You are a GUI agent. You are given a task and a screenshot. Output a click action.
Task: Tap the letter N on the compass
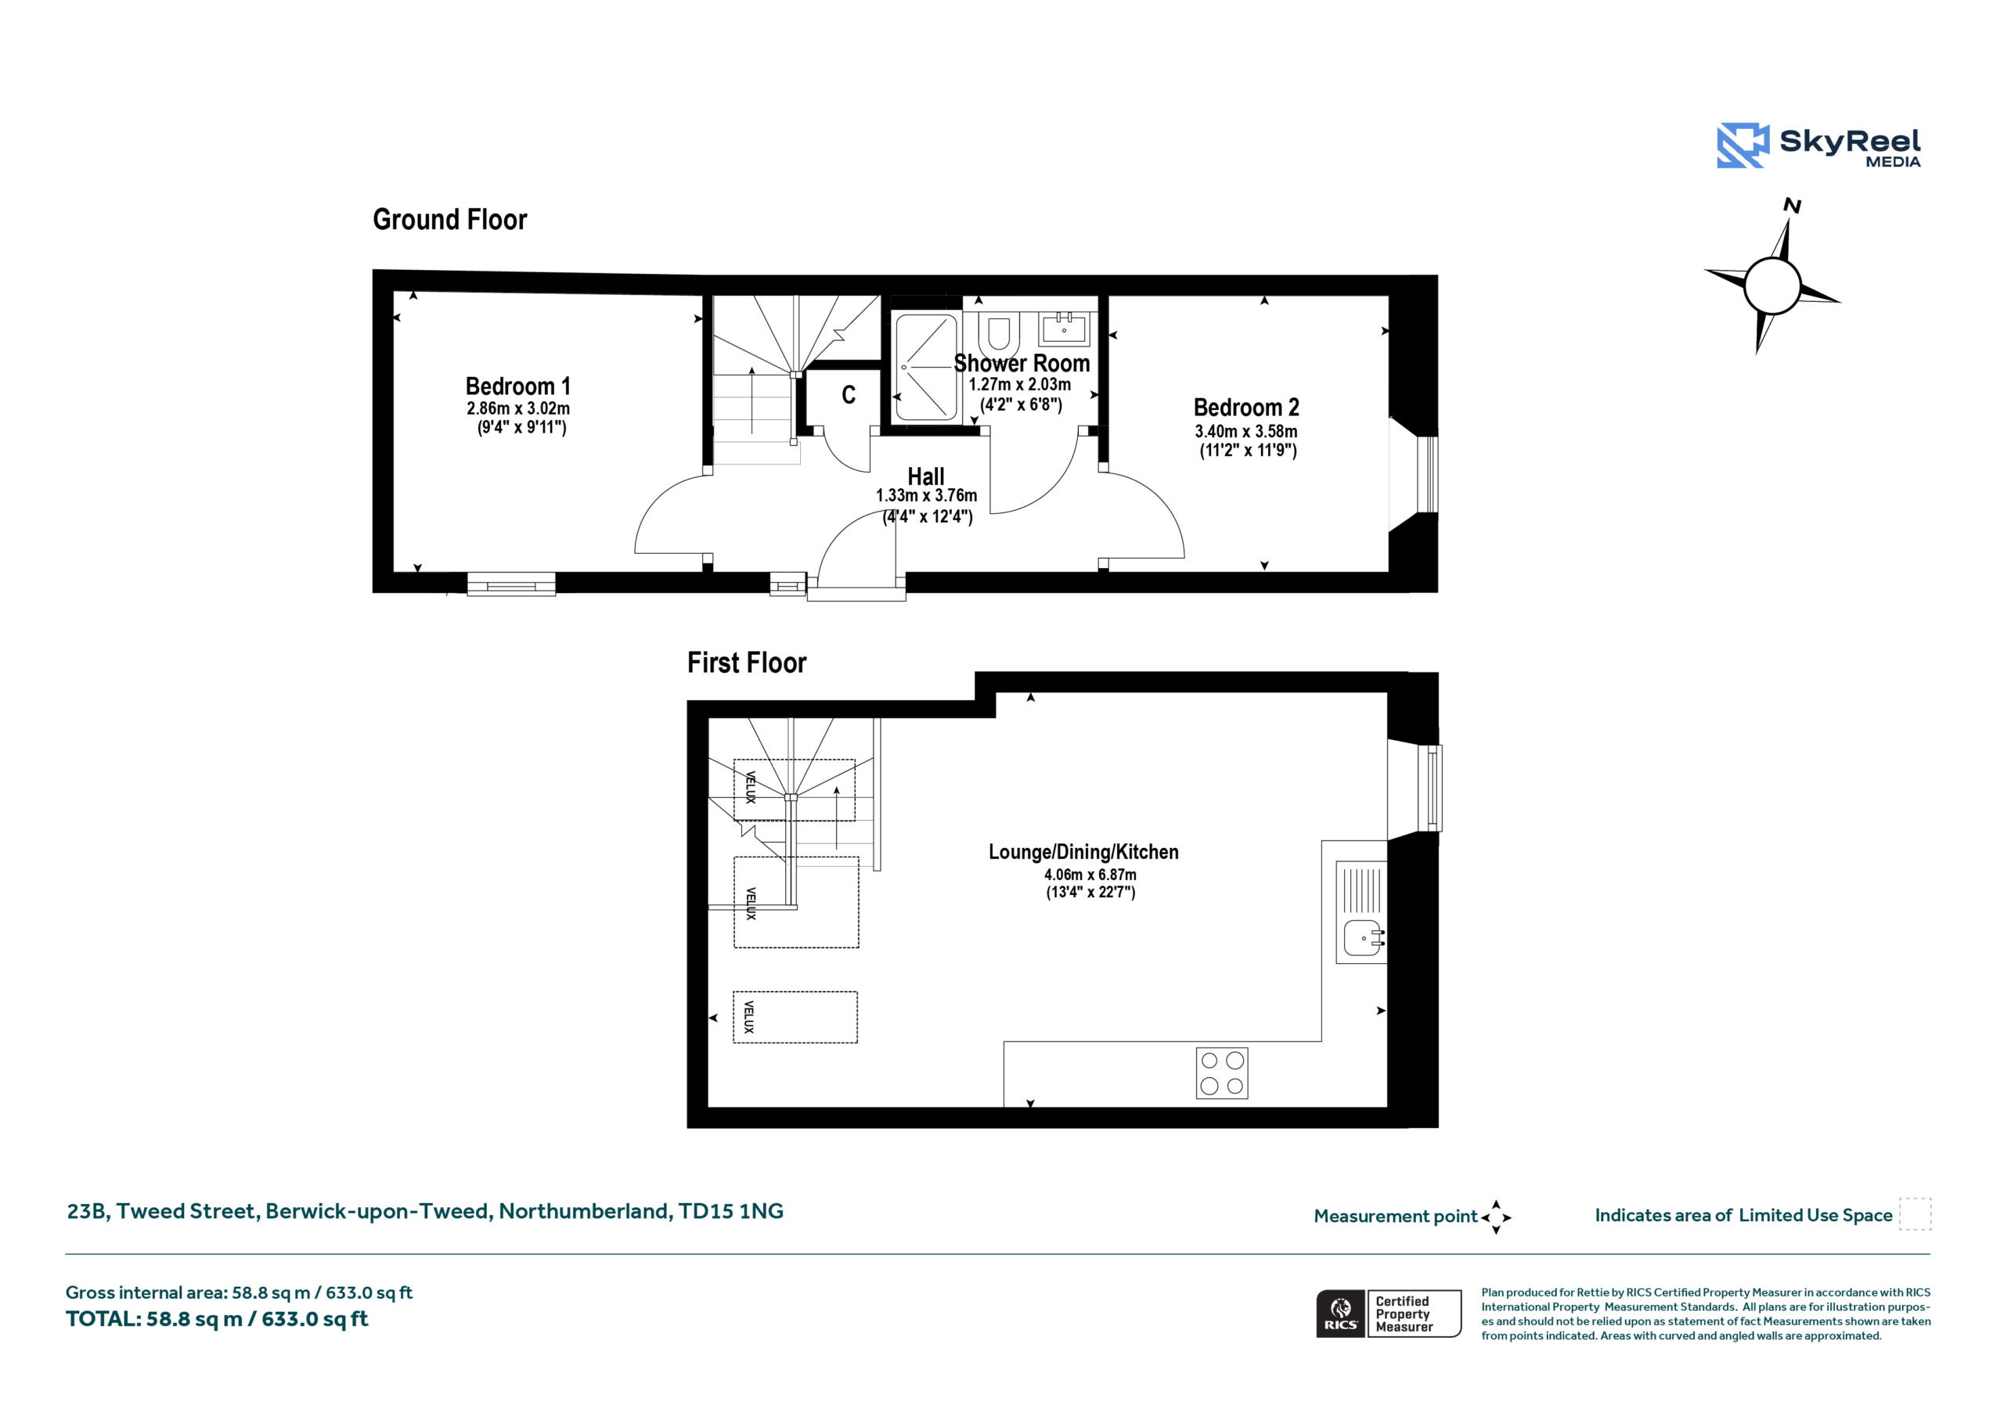pyautogui.click(x=1792, y=206)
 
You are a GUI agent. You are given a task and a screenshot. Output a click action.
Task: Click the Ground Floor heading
pyautogui.click(x=449, y=220)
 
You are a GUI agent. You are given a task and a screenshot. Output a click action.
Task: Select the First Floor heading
pyautogui.click(x=746, y=663)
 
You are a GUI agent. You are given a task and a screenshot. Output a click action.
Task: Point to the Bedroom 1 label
pyautogui.click(x=517, y=386)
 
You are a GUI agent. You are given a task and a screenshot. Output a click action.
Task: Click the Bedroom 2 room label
pyautogui.click(x=1245, y=408)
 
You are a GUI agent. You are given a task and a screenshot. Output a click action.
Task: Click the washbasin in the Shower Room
pyautogui.click(x=1064, y=329)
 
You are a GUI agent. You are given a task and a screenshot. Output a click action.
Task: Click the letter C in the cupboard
pyautogui.click(x=849, y=395)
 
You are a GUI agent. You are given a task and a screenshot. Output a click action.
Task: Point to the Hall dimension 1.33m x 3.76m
pyautogui.click(x=926, y=495)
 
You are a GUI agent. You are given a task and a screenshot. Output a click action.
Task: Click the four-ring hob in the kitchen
pyautogui.click(x=1222, y=1073)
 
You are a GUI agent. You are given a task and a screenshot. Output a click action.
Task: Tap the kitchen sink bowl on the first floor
pyautogui.click(x=1362, y=938)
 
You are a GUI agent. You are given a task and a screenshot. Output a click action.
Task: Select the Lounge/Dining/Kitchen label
pyautogui.click(x=1083, y=853)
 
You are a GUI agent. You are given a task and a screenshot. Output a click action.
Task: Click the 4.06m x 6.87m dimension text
pyautogui.click(x=1090, y=874)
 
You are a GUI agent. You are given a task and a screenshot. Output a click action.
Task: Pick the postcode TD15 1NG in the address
pyautogui.click(x=730, y=1211)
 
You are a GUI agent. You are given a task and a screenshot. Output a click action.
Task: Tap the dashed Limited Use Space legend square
pyautogui.click(x=1915, y=1214)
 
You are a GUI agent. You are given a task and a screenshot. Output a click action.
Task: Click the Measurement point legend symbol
pyautogui.click(x=1496, y=1217)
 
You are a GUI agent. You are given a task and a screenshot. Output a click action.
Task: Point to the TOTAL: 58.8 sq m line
pyautogui.click(x=217, y=1319)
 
